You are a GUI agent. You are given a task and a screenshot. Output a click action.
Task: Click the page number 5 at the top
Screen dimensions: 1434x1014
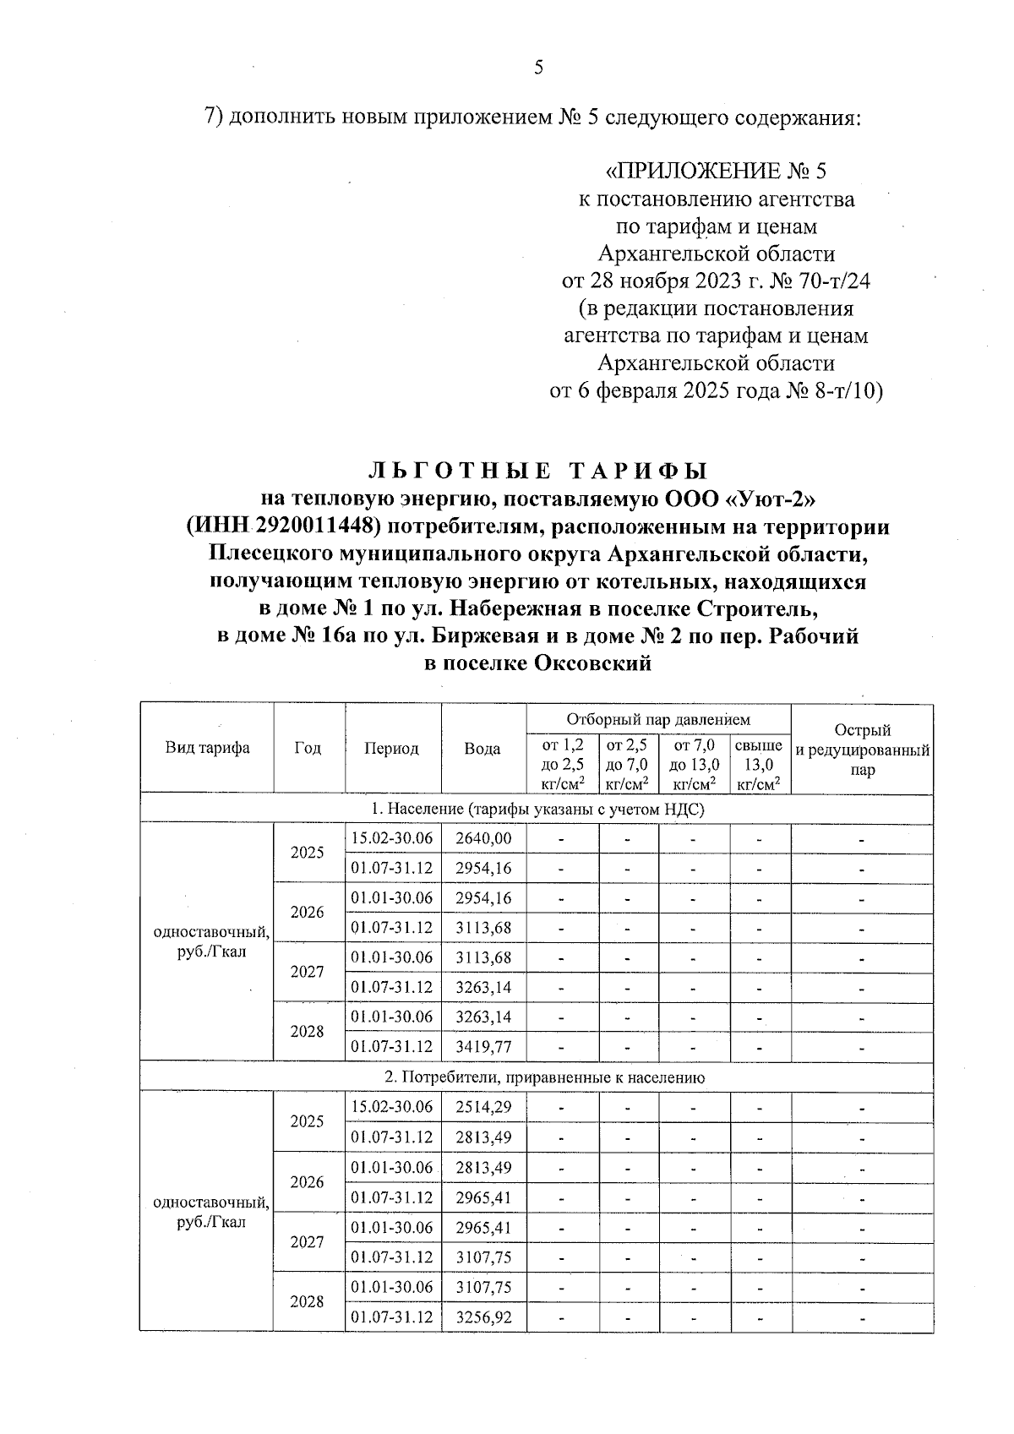[x=538, y=68]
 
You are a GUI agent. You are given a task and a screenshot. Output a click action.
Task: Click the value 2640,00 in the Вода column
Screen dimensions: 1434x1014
[x=483, y=838]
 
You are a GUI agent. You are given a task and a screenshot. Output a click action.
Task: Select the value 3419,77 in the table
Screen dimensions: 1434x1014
[x=483, y=1046]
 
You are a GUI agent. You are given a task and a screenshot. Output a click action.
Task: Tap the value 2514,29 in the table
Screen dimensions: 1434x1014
[x=483, y=1107]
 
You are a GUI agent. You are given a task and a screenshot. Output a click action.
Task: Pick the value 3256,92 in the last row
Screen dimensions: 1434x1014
[x=483, y=1317]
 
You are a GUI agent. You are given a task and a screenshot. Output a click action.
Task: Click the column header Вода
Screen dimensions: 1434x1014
[x=482, y=748]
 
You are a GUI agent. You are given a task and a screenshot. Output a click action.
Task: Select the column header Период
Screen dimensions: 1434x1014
[x=391, y=748]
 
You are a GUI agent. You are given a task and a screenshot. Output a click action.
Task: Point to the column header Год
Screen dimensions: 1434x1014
[x=308, y=748]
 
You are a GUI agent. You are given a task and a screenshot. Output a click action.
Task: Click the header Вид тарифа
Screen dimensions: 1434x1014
[x=207, y=748]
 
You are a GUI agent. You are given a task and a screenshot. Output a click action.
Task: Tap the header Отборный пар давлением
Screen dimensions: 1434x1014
[x=658, y=720]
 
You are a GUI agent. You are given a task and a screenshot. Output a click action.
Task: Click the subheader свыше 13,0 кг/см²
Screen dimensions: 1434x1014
[x=759, y=765]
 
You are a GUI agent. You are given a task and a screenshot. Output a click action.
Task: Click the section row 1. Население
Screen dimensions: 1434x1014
[x=537, y=810]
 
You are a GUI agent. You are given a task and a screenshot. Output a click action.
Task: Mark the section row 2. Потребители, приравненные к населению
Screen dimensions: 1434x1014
[x=537, y=1077]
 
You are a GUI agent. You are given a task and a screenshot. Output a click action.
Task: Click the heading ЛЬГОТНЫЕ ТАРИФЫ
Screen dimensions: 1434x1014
[x=538, y=471]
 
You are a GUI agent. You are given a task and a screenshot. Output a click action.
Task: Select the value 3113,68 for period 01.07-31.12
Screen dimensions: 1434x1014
[x=483, y=927]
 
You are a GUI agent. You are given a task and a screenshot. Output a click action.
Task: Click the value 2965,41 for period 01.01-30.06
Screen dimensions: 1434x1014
[x=483, y=1227]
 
